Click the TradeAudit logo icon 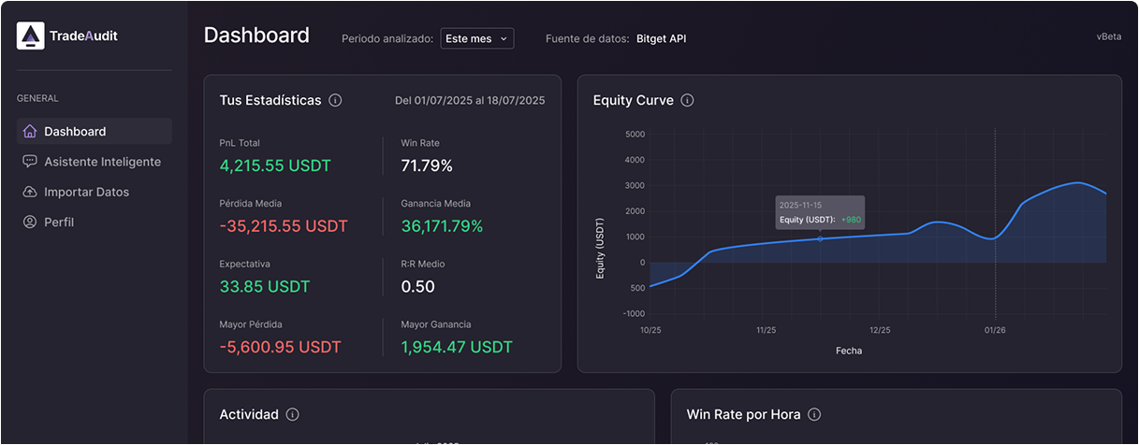(31, 36)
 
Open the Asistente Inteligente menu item (102, 162)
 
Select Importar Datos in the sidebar (86, 192)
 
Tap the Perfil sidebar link (59, 222)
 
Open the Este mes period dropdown (476, 38)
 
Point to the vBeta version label (1108, 37)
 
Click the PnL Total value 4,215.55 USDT (275, 165)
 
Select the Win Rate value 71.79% (427, 165)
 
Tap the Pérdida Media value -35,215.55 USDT (284, 226)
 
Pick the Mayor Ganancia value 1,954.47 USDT (457, 347)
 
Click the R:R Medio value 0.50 (417, 286)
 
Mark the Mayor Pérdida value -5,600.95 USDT (280, 347)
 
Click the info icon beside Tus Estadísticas (335, 100)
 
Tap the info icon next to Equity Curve (687, 100)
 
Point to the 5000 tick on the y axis (634, 134)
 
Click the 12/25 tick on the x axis (880, 330)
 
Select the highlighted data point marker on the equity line (821, 238)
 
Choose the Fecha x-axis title (850, 351)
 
